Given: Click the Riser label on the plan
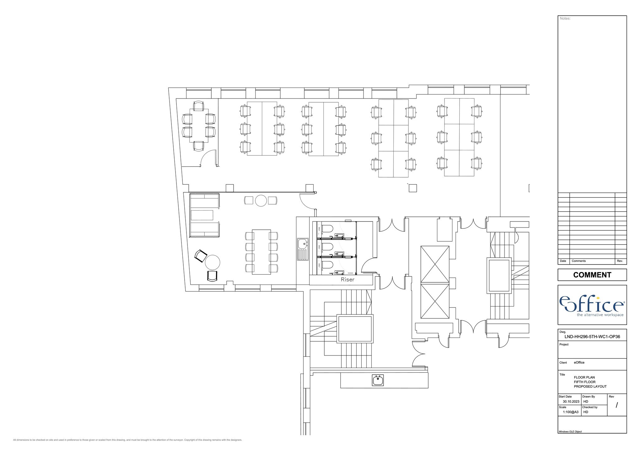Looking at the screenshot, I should [x=347, y=280].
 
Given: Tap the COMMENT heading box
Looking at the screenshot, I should [x=592, y=275].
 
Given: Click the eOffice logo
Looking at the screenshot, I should [x=592, y=305].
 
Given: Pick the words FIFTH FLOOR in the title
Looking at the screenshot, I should [x=584, y=382].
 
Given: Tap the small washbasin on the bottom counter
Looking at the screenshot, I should [x=378, y=380].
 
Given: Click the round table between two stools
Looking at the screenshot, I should [x=261, y=200].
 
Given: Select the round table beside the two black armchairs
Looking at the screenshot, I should [x=213, y=262].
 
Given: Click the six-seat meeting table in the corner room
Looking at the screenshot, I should [x=198, y=126].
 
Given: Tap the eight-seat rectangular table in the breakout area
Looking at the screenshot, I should [x=261, y=252].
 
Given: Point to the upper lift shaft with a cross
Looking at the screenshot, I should [x=435, y=264].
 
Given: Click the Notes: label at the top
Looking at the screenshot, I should [x=565, y=19].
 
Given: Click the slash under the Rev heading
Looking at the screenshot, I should [x=617, y=405].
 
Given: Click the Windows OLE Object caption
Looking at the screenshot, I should [x=570, y=432].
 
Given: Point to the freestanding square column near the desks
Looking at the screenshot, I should [x=413, y=188].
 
